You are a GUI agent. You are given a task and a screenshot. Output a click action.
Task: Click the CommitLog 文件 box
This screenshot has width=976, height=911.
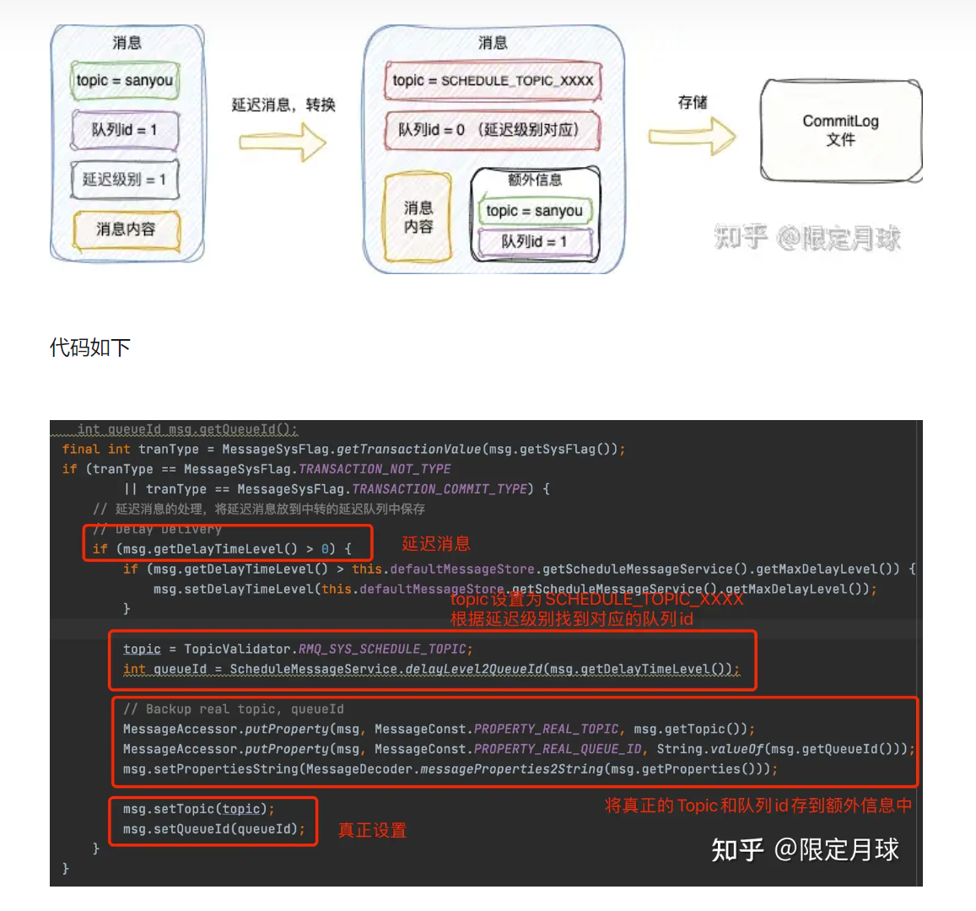click(840, 130)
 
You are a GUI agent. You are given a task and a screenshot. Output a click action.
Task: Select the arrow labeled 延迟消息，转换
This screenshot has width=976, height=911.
click(282, 142)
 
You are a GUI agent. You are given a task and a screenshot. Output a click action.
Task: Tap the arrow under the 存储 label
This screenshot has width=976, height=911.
click(692, 136)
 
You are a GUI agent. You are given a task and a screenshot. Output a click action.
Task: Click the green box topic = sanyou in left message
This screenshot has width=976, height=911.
click(125, 81)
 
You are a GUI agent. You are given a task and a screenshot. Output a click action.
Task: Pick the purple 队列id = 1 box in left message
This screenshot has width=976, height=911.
click(125, 130)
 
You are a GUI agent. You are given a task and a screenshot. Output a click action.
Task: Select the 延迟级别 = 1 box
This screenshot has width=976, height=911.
click(125, 180)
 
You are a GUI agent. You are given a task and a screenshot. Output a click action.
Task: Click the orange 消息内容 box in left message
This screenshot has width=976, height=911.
click(126, 229)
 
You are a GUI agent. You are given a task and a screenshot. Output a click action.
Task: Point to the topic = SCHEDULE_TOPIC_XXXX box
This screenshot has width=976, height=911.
click(493, 81)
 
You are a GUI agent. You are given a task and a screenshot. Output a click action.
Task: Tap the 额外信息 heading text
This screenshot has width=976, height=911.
click(535, 180)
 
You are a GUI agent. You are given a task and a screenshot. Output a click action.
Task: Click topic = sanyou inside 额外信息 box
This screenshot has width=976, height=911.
click(535, 211)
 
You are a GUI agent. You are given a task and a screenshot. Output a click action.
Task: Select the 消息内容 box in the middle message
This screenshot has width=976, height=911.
click(418, 217)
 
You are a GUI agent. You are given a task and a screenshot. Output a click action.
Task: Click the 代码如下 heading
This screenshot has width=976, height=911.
click(90, 348)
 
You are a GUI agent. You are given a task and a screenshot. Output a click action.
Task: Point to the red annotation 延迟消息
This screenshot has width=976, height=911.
click(436, 544)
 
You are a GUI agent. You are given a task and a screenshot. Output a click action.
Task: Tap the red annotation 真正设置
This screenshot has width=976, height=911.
click(372, 831)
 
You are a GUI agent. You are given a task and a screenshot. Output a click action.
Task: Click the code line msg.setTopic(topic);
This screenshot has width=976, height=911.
click(198, 809)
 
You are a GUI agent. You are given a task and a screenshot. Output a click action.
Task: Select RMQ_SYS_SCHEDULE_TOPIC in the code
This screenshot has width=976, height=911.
click(382, 649)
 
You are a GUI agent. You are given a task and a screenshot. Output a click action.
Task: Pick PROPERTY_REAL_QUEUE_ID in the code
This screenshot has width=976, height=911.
click(557, 749)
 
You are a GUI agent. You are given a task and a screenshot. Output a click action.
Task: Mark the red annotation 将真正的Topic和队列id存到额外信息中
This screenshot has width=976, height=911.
click(758, 806)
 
